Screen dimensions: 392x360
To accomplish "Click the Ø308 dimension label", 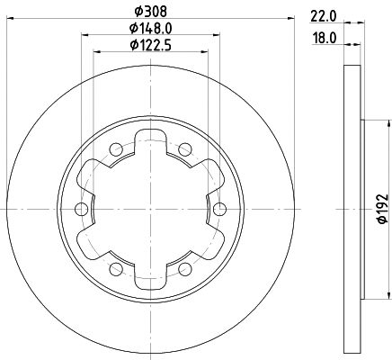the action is tap(150, 12).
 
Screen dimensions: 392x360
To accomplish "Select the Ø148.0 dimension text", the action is tap(151, 29).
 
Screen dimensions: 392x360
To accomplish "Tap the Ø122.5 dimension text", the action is tap(151, 45).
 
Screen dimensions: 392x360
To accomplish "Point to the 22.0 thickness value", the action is tap(324, 16).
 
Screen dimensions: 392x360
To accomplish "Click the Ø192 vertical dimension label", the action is tap(383, 209).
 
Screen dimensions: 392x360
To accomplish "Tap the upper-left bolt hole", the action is tap(116, 149).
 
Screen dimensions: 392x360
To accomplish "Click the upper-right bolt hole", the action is tap(185, 149).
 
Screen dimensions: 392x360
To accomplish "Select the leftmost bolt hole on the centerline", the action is tap(81, 209).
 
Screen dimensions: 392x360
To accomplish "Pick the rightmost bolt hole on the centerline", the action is tap(219, 209).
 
